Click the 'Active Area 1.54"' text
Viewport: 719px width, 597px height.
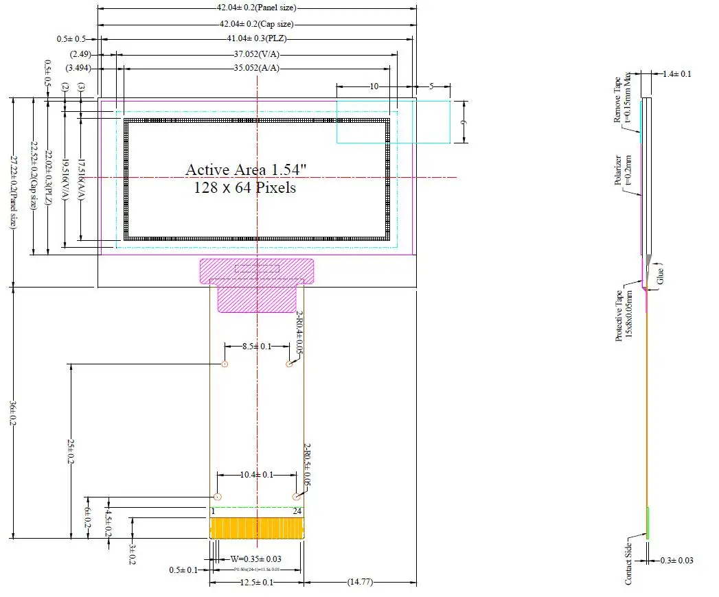coord(241,169)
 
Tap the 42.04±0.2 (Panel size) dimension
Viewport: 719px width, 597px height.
coord(256,8)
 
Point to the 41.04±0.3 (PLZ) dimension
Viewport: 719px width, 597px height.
coord(256,38)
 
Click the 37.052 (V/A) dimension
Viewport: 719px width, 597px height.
coord(256,54)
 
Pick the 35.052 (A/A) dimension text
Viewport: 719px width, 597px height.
coord(256,68)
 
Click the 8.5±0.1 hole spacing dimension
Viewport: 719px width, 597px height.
coord(257,347)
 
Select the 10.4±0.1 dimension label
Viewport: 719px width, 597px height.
coord(257,475)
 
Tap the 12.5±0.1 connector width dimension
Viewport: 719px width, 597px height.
coord(255,583)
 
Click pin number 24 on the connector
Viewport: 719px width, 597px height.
coord(297,511)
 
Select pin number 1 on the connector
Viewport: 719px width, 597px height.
coord(214,511)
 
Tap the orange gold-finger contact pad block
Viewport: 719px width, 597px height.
coord(256,528)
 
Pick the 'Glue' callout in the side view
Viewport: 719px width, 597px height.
coord(661,274)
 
